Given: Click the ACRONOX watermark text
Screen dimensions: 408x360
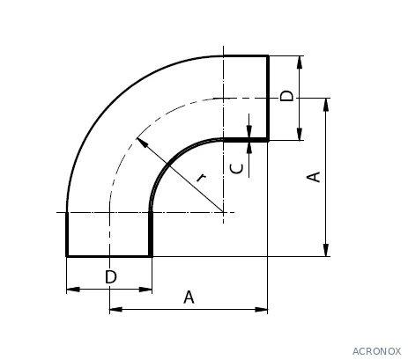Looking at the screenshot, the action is (376, 351).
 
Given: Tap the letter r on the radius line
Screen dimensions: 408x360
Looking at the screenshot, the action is (201, 178).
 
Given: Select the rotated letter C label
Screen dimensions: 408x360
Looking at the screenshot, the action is (237, 168).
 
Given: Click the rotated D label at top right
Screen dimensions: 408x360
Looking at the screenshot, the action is (286, 96).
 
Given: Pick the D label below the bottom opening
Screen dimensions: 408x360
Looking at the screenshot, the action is (111, 276).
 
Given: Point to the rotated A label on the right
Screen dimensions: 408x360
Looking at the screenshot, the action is (314, 177).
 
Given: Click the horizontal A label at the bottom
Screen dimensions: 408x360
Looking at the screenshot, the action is (189, 297).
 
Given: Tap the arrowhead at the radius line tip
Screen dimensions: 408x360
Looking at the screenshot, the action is (141, 142).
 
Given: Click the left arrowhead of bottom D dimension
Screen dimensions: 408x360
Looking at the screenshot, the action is (73, 290).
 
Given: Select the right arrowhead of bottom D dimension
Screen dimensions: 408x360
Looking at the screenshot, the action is (145, 290).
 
